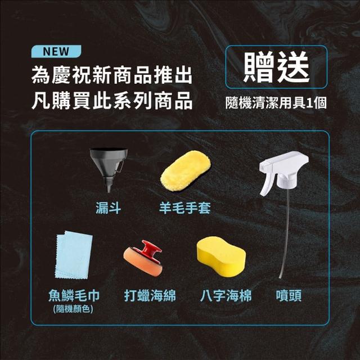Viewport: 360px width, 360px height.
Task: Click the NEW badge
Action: [56, 51]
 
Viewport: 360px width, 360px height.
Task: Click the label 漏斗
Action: [108, 208]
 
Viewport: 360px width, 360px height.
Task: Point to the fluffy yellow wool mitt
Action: [186, 171]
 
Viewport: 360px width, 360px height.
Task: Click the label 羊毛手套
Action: [185, 208]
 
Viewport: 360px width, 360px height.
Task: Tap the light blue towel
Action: [74, 255]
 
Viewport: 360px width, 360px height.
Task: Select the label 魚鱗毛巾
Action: [74, 295]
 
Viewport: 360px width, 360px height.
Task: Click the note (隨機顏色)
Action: [73, 309]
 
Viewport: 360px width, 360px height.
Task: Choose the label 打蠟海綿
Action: [150, 295]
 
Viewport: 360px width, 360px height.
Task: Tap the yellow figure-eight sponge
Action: [221, 256]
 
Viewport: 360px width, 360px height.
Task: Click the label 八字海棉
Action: [226, 295]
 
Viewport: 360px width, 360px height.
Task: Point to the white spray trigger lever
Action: [267, 184]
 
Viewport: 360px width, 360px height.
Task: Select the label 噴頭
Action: [289, 295]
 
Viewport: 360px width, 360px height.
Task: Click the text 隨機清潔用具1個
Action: [276, 102]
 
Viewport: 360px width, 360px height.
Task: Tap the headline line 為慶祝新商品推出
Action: [112, 75]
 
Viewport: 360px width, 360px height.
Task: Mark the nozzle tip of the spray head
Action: [261, 167]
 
